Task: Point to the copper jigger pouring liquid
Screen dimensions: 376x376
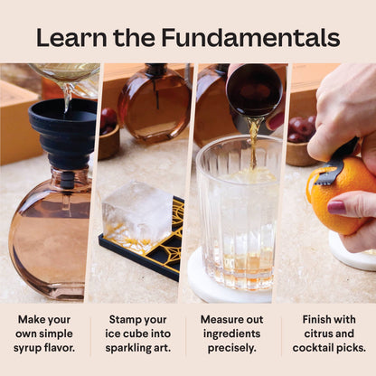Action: [x=254, y=91]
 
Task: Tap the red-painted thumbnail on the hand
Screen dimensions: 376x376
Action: [x=335, y=206]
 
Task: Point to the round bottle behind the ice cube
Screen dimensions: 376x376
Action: [x=155, y=104]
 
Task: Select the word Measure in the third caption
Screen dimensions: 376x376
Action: [x=218, y=319]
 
